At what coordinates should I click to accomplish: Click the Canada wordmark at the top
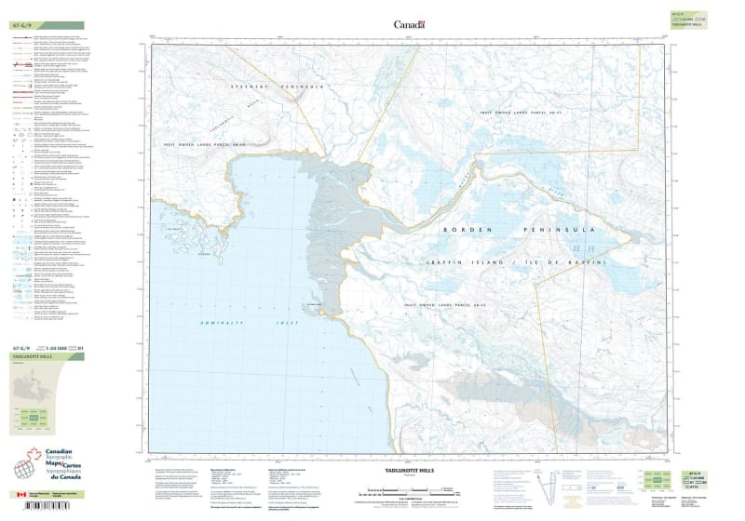[x=409, y=25]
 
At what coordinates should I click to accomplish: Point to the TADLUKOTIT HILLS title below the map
[x=402, y=472]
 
